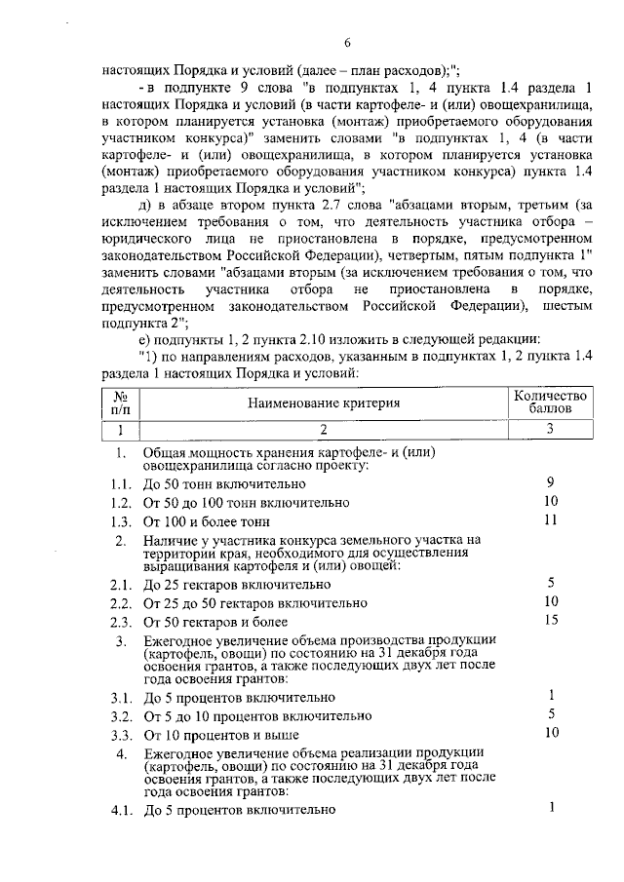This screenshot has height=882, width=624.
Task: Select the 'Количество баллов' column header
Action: point(551,403)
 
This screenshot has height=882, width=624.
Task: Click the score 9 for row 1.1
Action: point(551,482)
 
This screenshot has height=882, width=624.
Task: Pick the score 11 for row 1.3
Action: point(551,520)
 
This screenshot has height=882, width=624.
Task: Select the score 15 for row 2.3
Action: point(551,621)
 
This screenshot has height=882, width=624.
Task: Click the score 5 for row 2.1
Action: point(551,583)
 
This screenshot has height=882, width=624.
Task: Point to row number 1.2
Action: point(121,503)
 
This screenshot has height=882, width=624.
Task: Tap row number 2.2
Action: point(121,603)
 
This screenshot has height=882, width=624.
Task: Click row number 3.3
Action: point(121,735)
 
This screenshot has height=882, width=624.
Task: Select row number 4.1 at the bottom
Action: point(121,810)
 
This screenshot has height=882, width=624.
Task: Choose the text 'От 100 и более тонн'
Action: point(206,522)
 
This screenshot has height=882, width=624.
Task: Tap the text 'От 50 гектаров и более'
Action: point(215,622)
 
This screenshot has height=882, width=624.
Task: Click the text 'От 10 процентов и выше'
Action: point(220,735)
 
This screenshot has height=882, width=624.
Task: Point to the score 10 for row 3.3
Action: point(551,733)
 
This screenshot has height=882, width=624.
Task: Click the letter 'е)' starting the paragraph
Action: point(146,338)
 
